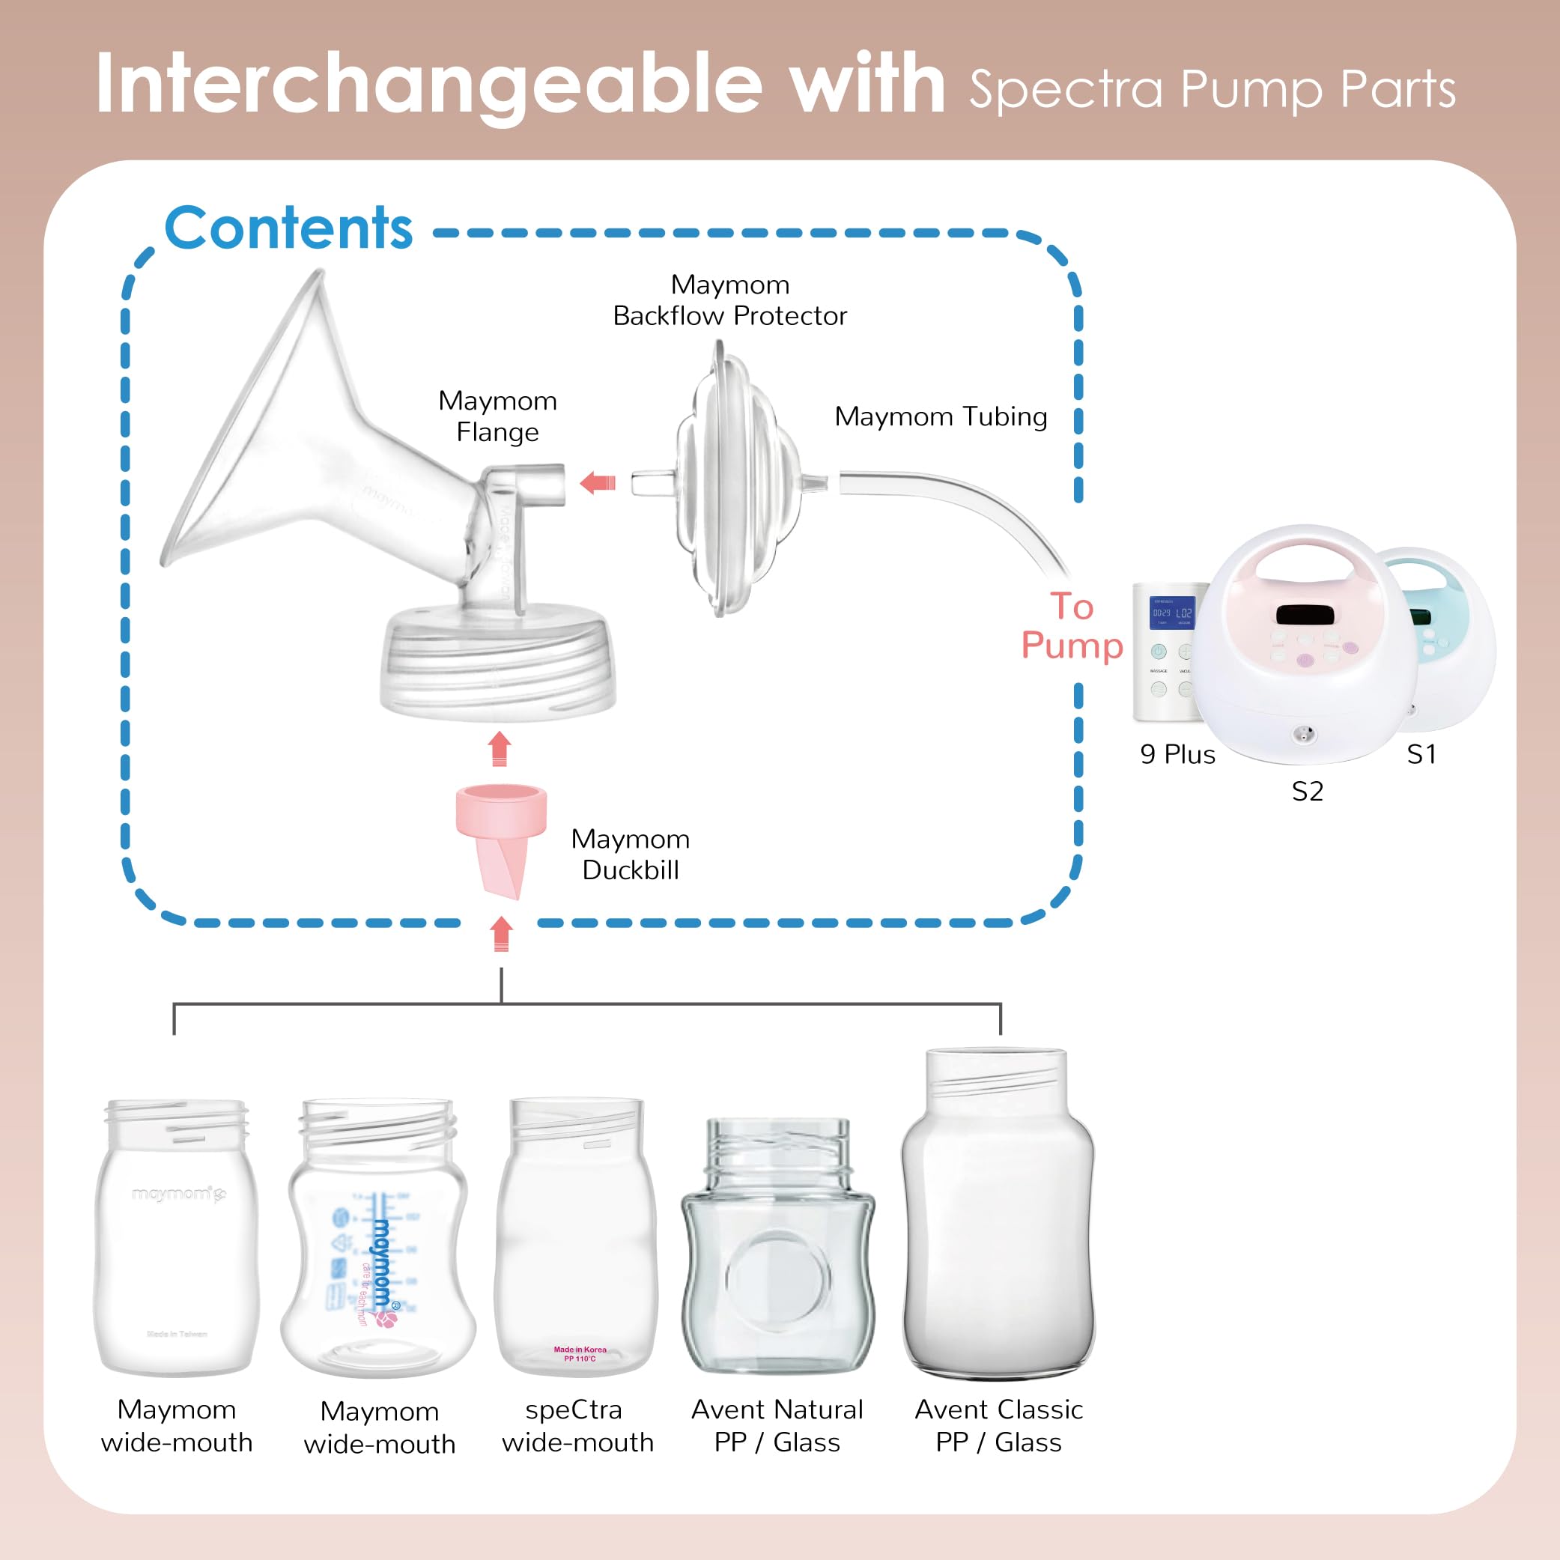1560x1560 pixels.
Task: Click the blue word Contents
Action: click(288, 228)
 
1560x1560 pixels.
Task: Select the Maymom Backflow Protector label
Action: click(729, 300)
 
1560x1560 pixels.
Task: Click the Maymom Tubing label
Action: click(940, 416)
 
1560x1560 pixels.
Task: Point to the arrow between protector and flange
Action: click(598, 484)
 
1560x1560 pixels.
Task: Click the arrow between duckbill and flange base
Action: click(500, 747)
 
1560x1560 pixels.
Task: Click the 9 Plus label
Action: click(1177, 754)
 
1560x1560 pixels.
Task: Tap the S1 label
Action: click(1421, 754)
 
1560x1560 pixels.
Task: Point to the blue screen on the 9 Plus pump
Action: click(1171, 613)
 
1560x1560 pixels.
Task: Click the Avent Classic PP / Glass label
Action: click(998, 1425)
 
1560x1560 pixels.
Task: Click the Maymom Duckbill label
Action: click(630, 855)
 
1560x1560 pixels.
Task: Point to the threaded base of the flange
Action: click(498, 662)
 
